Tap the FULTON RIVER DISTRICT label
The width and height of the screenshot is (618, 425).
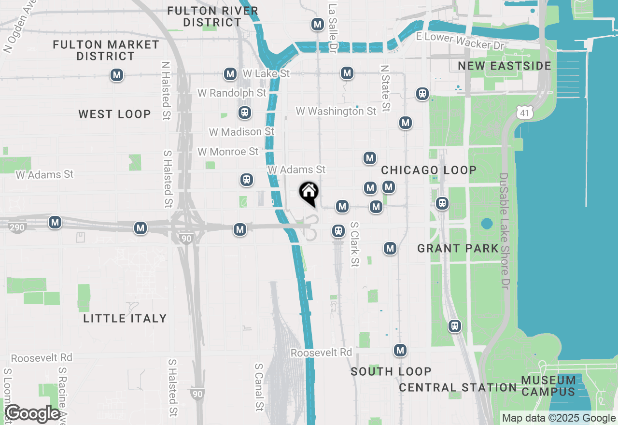(x=212, y=16)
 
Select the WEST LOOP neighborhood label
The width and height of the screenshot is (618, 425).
(x=115, y=114)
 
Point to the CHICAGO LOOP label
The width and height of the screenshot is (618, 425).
(x=429, y=170)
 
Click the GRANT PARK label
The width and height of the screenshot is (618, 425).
(x=458, y=248)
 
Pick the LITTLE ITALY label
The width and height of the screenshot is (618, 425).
(x=125, y=318)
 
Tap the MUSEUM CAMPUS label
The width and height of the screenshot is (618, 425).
(x=548, y=386)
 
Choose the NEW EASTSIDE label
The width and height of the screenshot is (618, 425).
(x=505, y=66)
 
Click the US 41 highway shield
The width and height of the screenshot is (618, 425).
(x=524, y=113)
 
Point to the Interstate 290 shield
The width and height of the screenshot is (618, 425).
(x=17, y=227)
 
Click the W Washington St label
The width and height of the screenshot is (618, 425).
(x=336, y=111)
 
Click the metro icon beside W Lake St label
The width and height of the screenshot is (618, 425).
(x=230, y=74)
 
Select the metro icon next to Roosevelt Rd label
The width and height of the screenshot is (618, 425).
(x=400, y=350)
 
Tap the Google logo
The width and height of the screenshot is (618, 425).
(x=33, y=414)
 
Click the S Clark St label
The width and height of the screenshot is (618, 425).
(x=355, y=244)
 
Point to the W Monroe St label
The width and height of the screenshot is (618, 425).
(x=228, y=152)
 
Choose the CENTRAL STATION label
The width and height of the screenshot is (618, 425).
(x=458, y=387)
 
